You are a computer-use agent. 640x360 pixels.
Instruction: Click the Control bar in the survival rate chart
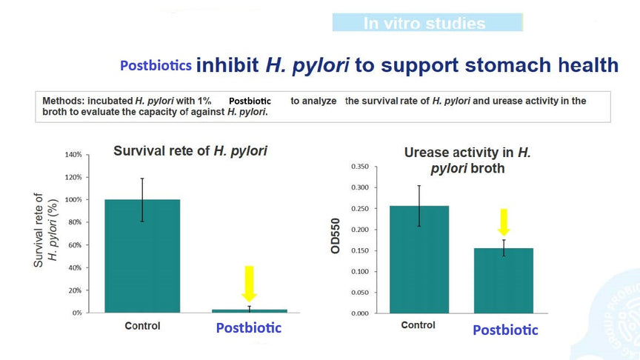[x=142, y=256]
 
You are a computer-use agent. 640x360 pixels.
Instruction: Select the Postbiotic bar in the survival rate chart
[x=250, y=311]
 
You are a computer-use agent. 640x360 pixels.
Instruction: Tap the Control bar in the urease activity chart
[x=419, y=259]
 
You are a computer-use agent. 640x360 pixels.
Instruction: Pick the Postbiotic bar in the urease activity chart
[x=504, y=281]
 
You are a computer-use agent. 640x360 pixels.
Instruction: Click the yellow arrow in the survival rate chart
[x=249, y=284]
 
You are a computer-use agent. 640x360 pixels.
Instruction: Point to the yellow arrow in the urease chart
[x=504, y=222]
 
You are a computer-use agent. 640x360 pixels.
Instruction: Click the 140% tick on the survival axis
[x=73, y=155]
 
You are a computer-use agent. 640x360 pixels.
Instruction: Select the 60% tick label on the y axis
[x=75, y=245]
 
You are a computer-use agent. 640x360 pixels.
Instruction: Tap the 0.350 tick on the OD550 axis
[x=360, y=167]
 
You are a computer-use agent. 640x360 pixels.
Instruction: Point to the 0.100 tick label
[x=360, y=271]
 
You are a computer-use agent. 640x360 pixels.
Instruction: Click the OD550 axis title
[x=336, y=236]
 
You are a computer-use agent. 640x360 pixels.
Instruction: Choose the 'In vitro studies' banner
[x=427, y=22]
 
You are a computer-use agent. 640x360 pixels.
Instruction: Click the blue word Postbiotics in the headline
[x=156, y=65]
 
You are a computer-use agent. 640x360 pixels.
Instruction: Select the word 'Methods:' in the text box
[x=63, y=101]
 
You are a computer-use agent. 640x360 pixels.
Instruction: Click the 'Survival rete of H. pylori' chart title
[x=190, y=151]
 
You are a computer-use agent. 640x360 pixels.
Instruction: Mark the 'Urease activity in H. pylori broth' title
[x=467, y=160]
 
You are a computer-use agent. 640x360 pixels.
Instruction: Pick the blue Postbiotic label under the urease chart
[x=505, y=330]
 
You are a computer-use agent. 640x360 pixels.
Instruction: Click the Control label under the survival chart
[x=142, y=326]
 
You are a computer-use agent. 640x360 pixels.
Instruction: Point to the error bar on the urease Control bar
[x=419, y=206]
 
